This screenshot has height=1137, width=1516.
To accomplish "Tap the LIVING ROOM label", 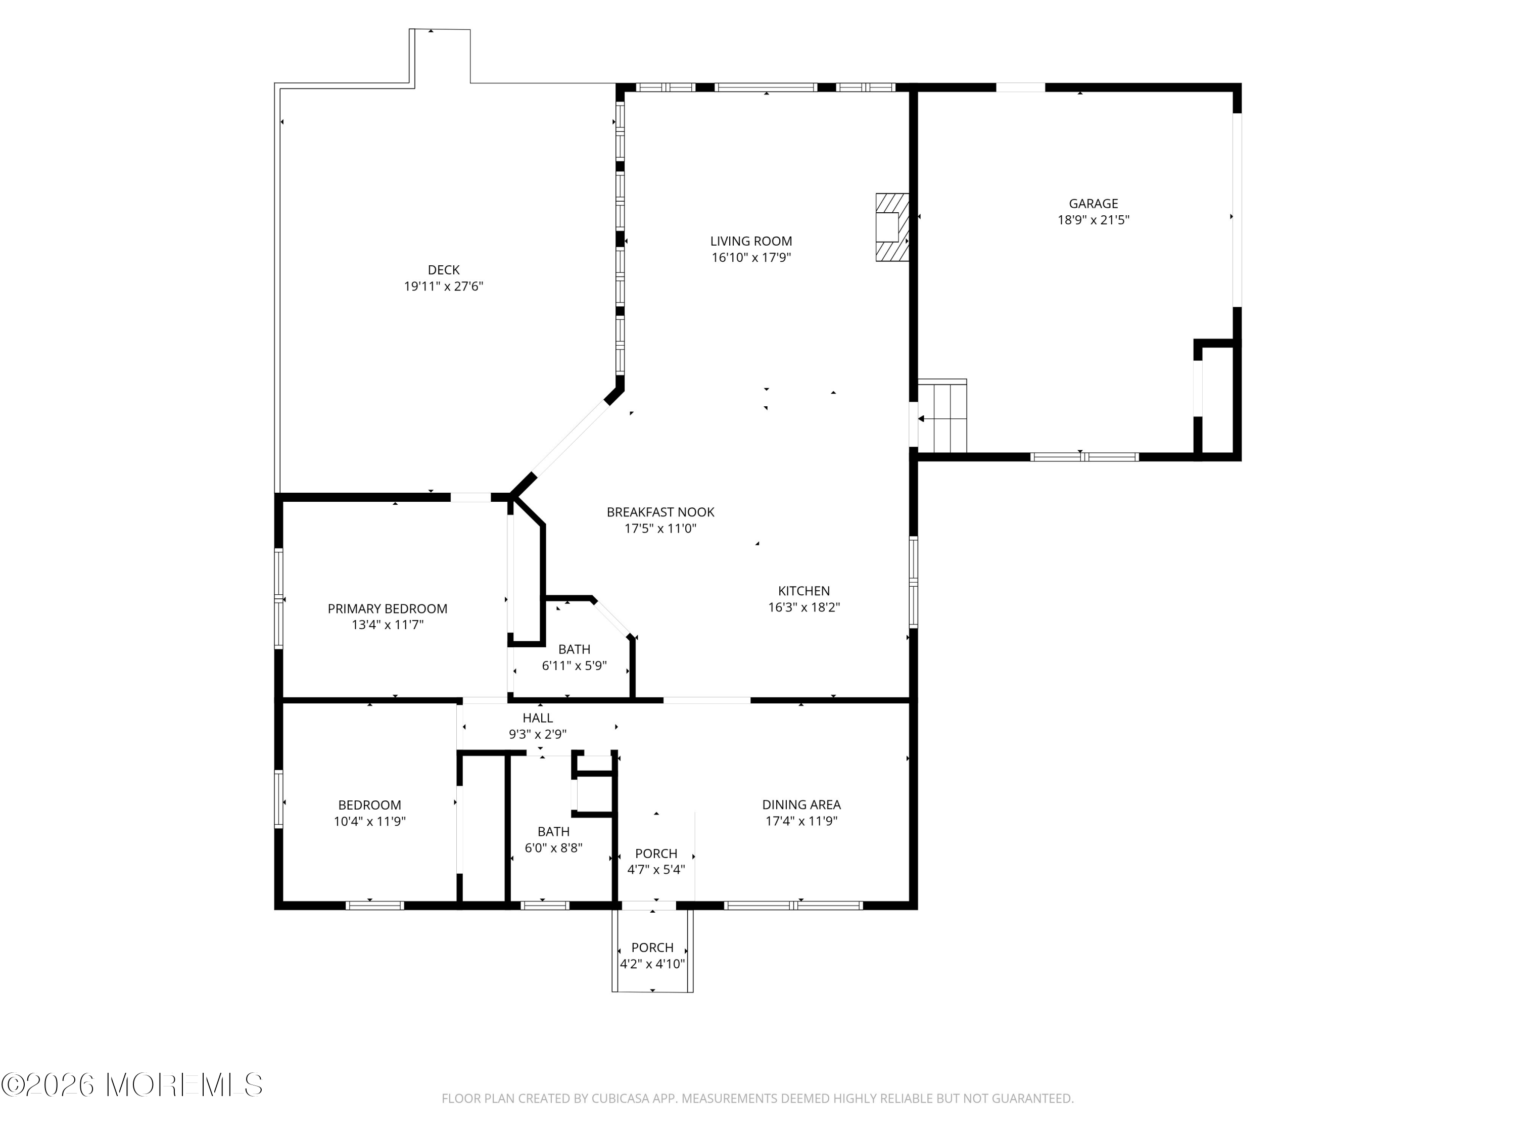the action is click(x=751, y=241).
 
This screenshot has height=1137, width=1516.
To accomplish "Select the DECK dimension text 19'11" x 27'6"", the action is click(x=443, y=287).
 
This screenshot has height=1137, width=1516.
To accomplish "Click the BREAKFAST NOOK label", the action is click(x=660, y=512).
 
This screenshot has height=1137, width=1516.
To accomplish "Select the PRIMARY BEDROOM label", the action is click(x=387, y=608).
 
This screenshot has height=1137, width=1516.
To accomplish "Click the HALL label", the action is click(x=538, y=718).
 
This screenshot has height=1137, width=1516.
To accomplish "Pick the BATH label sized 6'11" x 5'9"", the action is click(x=575, y=649).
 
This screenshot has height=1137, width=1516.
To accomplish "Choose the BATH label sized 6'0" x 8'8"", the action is click(x=554, y=831).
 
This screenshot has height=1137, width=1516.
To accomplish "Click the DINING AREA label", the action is click(x=801, y=804).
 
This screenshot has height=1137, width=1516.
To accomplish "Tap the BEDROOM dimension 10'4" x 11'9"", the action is click(x=369, y=821).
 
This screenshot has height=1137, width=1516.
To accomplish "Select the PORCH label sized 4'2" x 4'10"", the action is click(x=652, y=947).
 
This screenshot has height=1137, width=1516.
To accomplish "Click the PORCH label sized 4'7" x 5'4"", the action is click(x=656, y=854).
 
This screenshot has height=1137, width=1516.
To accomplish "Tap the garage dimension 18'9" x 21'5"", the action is click(x=1093, y=220).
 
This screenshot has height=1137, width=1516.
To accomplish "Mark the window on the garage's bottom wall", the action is click(x=1085, y=456).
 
